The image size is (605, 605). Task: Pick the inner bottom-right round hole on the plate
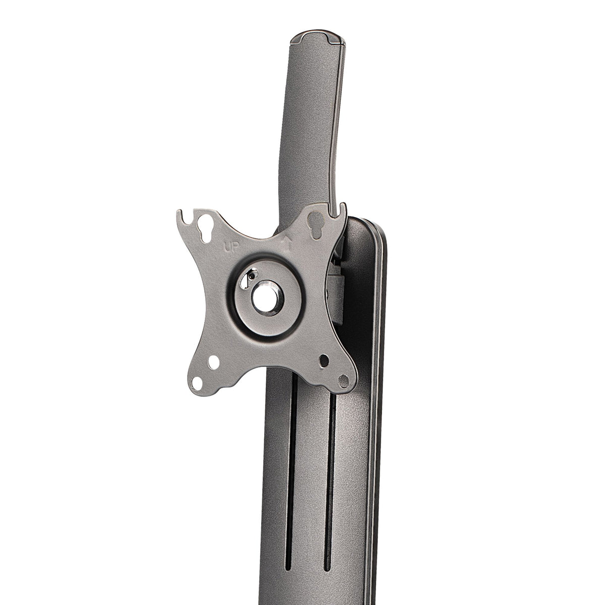coord(324,361)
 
